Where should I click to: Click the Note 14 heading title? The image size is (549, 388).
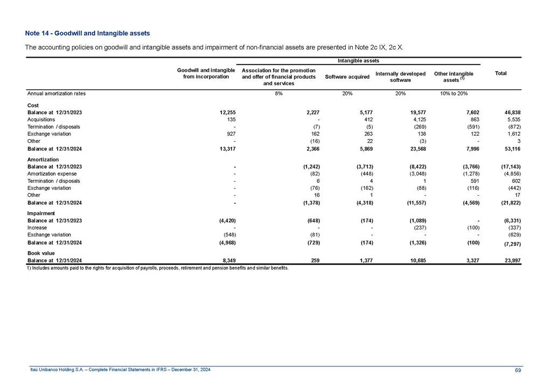click(88, 34)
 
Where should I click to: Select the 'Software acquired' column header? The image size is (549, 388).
click(347, 77)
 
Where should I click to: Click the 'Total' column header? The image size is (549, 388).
click(501, 73)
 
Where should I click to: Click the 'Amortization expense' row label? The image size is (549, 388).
click(52, 174)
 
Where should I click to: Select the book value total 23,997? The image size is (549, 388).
click(509, 260)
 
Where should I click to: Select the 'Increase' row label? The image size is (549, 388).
click(37, 227)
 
